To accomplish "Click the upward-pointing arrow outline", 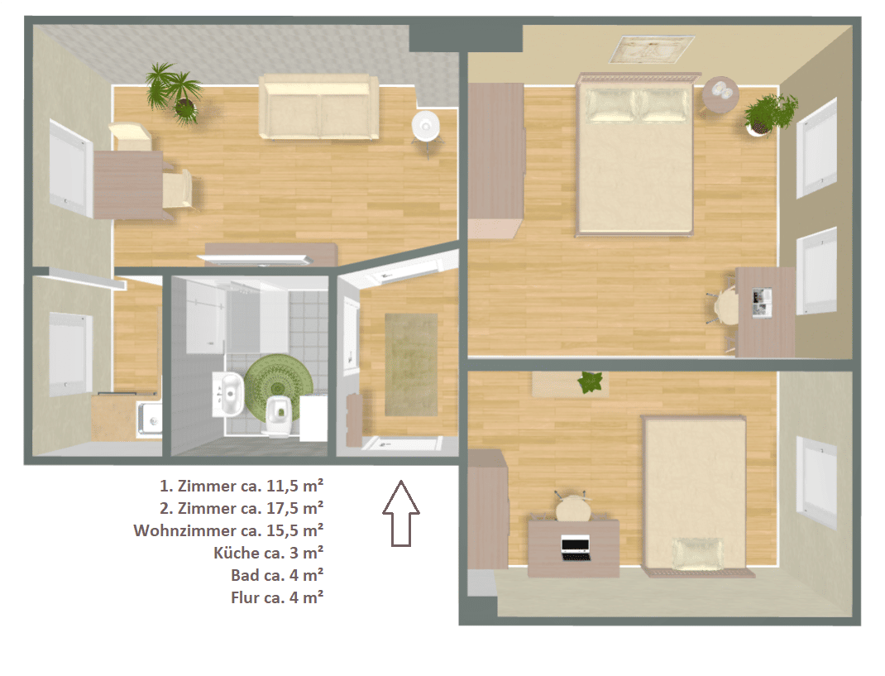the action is tap(401, 514).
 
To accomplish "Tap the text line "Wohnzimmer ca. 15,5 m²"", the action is tap(228, 531).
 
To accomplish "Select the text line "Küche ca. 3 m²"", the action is tap(268, 553).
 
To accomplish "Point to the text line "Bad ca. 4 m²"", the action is tap(277, 575).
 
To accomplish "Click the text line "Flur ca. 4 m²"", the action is tap(277, 597).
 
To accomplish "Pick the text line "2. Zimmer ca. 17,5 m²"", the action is tap(242, 508).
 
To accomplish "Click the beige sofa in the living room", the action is tap(319, 107).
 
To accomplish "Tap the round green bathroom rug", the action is tap(278, 385).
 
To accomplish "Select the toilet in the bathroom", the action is tap(278, 416).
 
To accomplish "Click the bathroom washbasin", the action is tap(228, 393).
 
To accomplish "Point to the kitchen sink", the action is tap(150, 420).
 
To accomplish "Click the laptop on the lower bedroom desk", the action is tap(575, 548).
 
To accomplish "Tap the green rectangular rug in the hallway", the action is tap(411, 365).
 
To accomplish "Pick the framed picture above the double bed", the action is tap(651, 49).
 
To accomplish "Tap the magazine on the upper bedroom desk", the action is tap(762, 302).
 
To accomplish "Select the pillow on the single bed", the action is tap(697, 553).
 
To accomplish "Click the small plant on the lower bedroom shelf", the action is tap(591, 382).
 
